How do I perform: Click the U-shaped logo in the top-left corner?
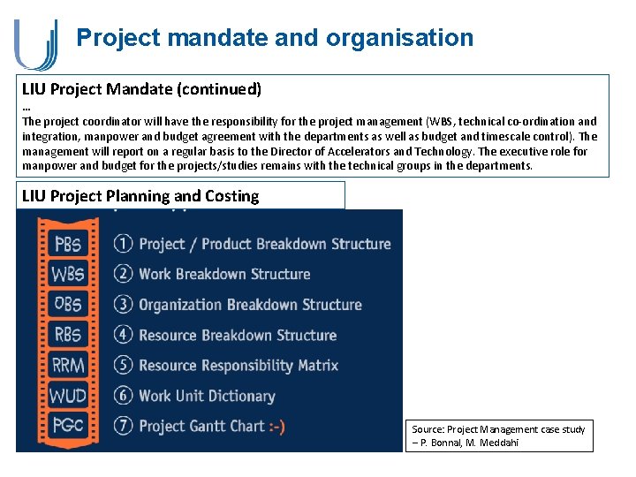pos(35,43)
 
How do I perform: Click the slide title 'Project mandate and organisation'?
pos(275,38)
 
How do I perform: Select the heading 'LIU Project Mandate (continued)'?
pos(141,89)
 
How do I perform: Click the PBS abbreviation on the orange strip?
pos(68,244)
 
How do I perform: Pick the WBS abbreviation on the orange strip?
pos(68,274)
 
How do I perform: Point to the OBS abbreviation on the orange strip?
pos(68,305)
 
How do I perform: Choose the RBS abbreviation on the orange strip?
pos(68,335)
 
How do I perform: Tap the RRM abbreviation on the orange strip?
pos(68,365)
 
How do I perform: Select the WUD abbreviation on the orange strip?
pos(68,396)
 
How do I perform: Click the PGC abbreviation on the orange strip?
pos(68,426)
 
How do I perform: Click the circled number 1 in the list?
pos(123,244)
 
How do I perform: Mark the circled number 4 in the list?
pos(123,335)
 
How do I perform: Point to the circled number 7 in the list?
pos(123,426)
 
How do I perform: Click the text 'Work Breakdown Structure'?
pos(224,274)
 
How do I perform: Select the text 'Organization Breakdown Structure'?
pos(250,305)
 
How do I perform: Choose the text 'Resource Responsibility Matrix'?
pos(238,365)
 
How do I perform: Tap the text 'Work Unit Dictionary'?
pos(207,396)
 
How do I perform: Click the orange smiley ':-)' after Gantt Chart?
pos(276,426)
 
